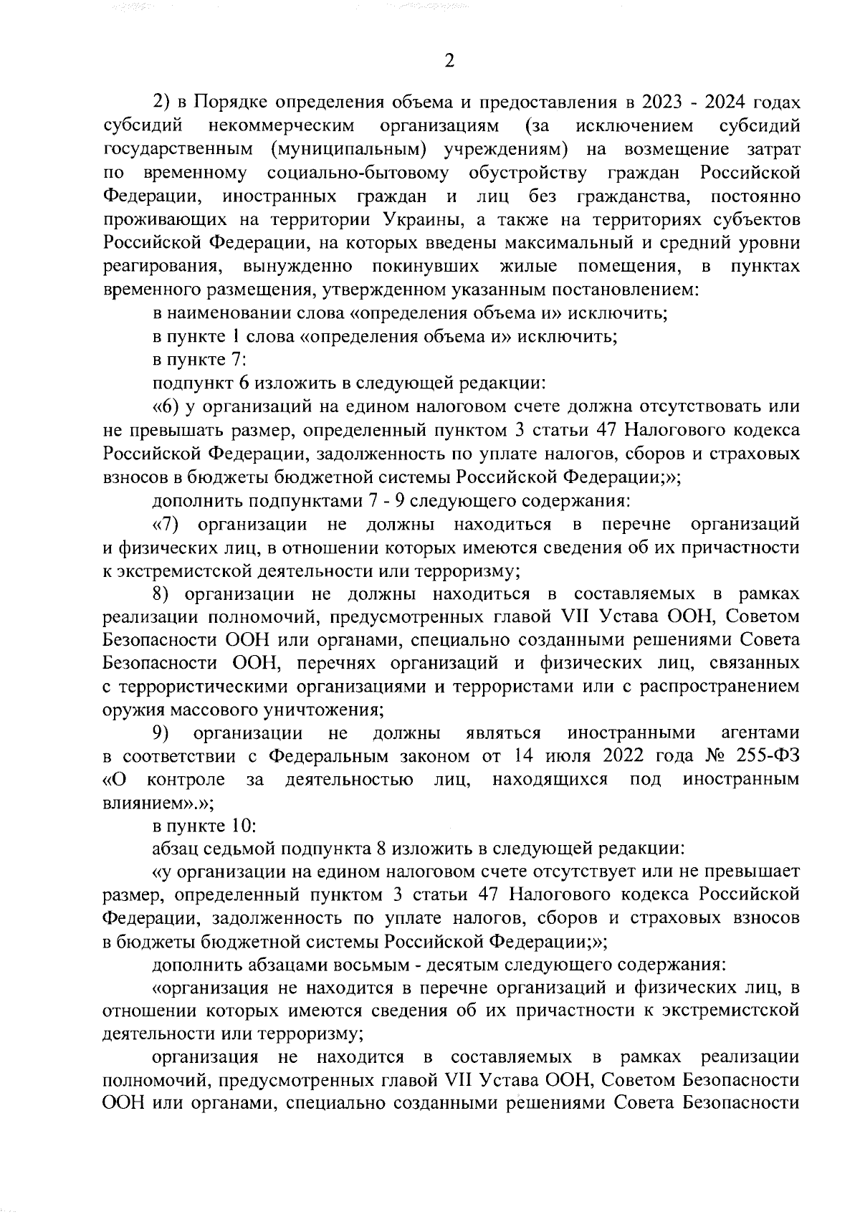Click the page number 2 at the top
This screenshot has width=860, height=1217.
click(x=449, y=62)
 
